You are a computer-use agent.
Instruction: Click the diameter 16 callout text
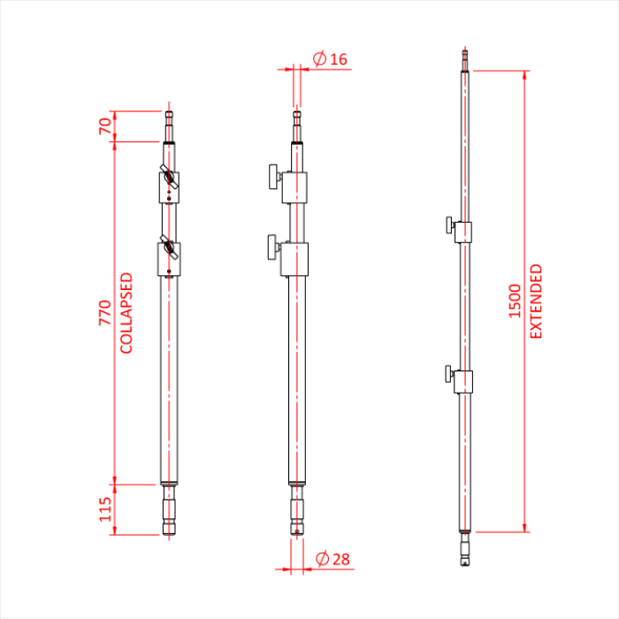click(x=331, y=59)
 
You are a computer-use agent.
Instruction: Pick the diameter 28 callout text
click(x=332, y=558)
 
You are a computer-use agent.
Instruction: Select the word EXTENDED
click(x=536, y=302)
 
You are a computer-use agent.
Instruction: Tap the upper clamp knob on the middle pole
click(x=270, y=177)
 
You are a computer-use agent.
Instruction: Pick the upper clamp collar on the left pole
click(x=169, y=187)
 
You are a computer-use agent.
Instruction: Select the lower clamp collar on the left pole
click(x=169, y=259)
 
